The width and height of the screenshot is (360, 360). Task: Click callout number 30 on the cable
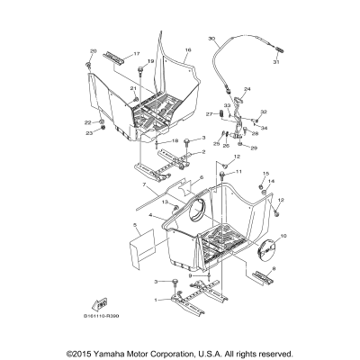click(212, 40)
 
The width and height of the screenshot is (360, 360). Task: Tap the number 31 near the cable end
click(276, 61)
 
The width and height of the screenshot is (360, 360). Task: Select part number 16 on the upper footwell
click(188, 51)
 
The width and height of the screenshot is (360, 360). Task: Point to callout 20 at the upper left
click(93, 51)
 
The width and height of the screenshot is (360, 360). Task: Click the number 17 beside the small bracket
click(138, 54)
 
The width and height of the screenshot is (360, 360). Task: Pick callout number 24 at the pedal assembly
click(247, 89)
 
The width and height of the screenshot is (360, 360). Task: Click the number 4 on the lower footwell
click(139, 216)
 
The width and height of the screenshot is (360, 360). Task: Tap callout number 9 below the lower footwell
click(165, 276)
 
